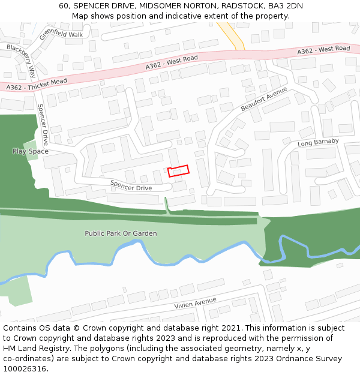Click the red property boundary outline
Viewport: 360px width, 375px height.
pyautogui.click(x=178, y=171)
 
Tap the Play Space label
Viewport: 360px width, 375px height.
pyautogui.click(x=30, y=151)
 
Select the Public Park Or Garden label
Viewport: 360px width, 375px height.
pyautogui.click(x=121, y=233)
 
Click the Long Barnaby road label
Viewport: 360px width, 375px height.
pyautogui.click(x=318, y=143)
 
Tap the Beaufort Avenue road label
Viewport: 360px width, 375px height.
pyautogui.click(x=264, y=99)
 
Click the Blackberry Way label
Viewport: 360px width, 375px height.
pyautogui.click(x=22, y=61)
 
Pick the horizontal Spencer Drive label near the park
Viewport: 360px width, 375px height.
pyautogui.click(x=131, y=185)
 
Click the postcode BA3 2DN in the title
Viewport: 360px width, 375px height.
pyautogui.click(x=286, y=6)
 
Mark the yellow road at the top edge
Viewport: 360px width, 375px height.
pyautogui.click(x=232, y=36)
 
